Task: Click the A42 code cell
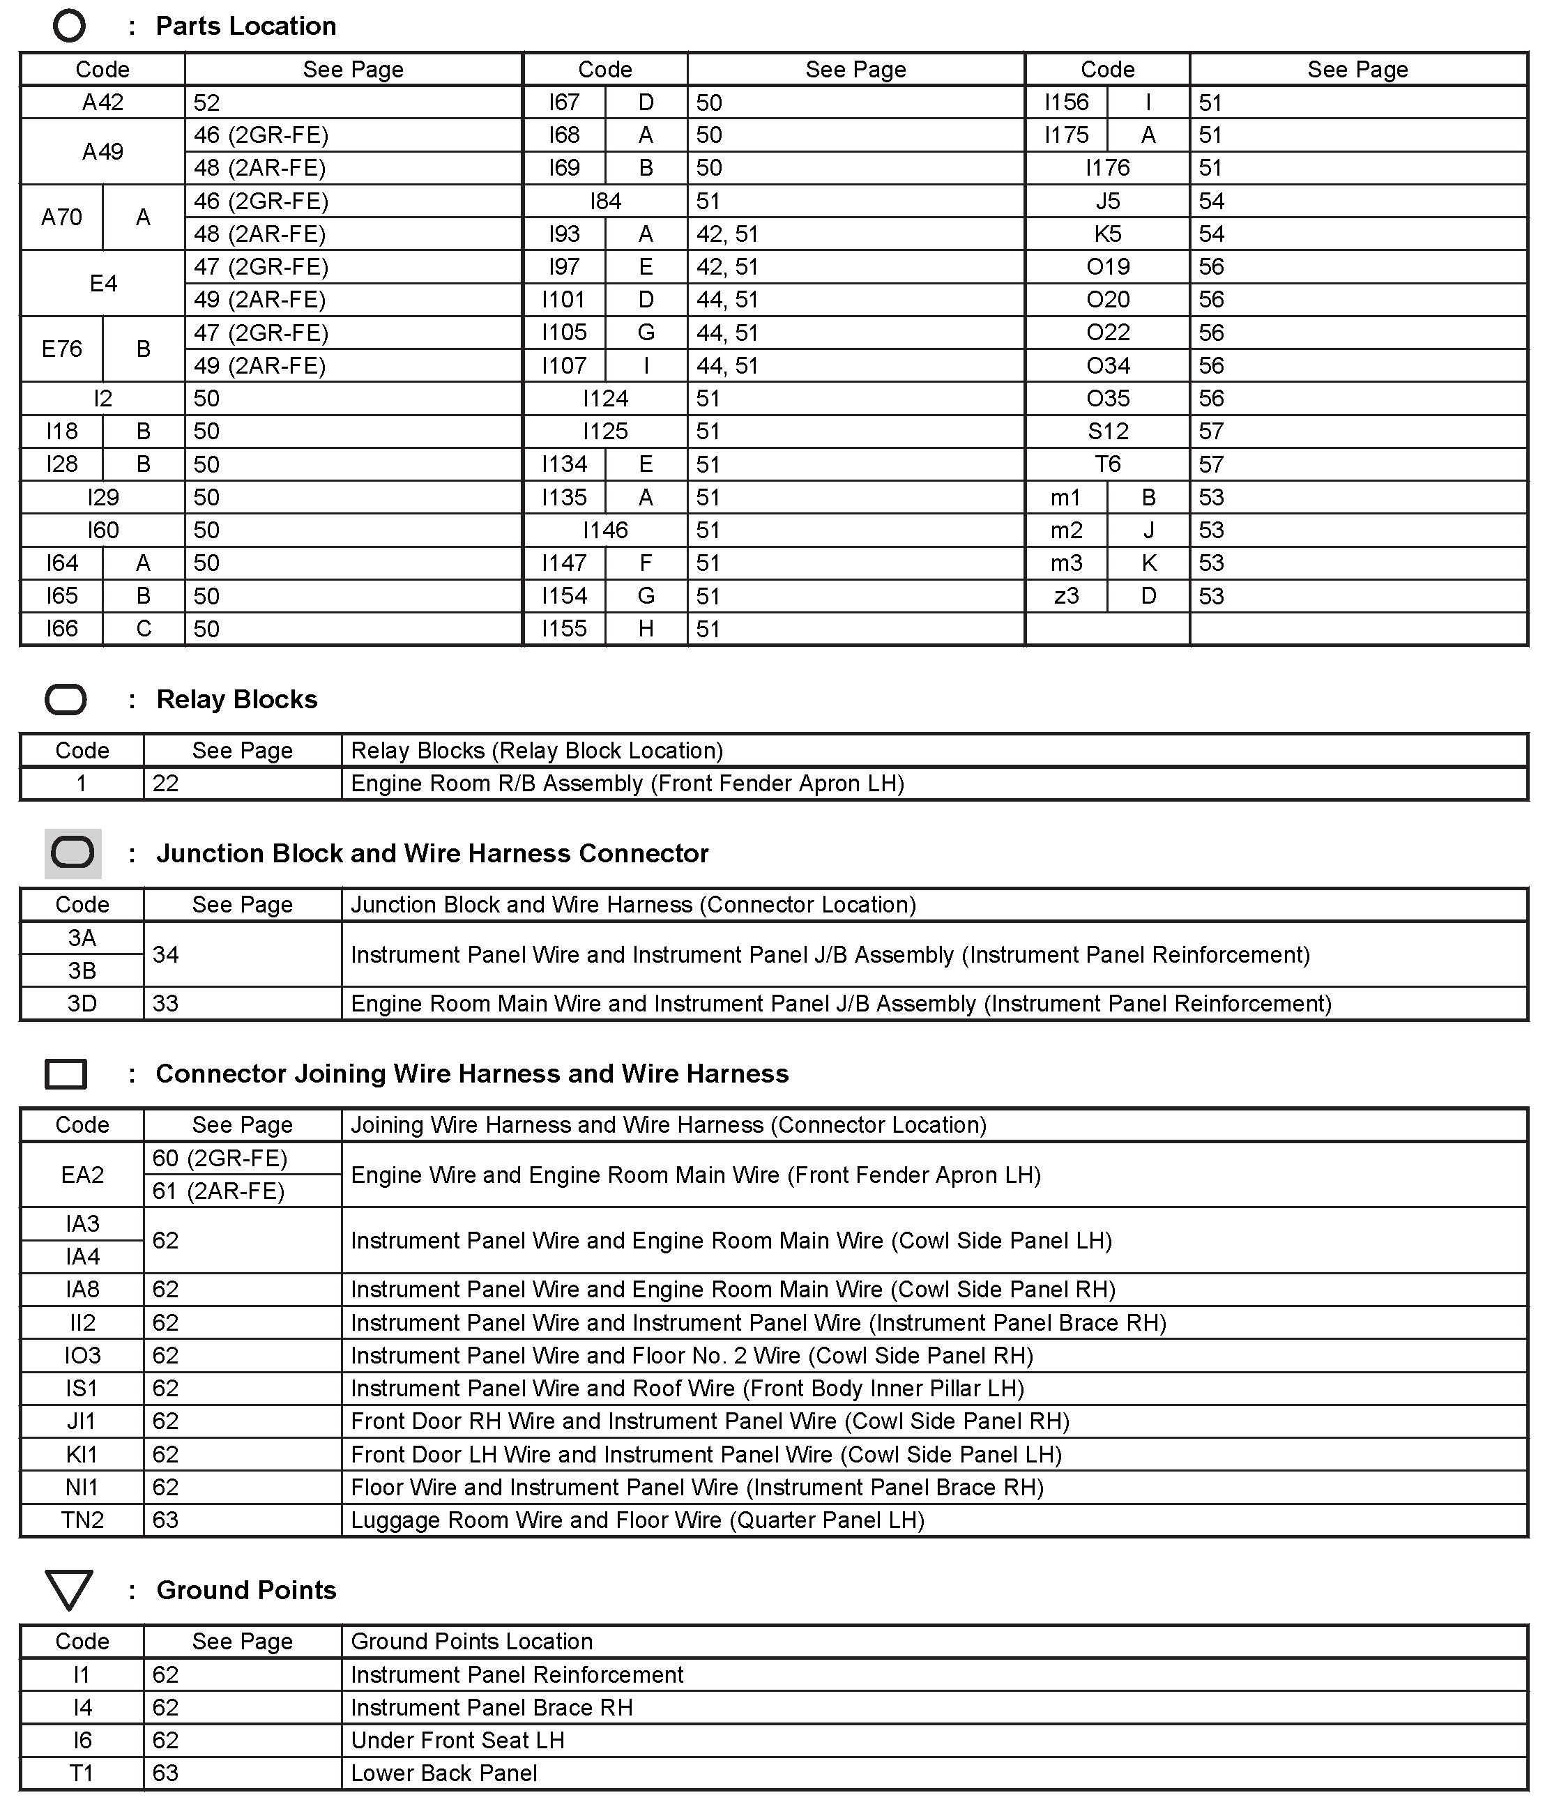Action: click(x=102, y=102)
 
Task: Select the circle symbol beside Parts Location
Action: click(x=69, y=26)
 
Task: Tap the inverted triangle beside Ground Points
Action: click(x=69, y=1589)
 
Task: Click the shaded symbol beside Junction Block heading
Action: click(x=73, y=853)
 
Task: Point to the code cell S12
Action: click(x=1107, y=431)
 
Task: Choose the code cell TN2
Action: click(x=82, y=1520)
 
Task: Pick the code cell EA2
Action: click(x=82, y=1175)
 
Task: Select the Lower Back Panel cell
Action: click(x=444, y=1773)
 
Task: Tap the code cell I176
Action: click(x=1107, y=167)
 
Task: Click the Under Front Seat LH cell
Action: click(x=457, y=1740)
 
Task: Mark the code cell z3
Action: click(x=1066, y=595)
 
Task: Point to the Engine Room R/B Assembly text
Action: click(x=627, y=783)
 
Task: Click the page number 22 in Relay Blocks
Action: click(x=165, y=783)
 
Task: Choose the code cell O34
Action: click(x=1107, y=365)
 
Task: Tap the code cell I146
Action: click(x=605, y=530)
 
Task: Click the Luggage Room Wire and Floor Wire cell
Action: click(x=638, y=1520)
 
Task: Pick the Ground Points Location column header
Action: click(x=471, y=1641)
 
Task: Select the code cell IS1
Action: click(x=82, y=1388)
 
